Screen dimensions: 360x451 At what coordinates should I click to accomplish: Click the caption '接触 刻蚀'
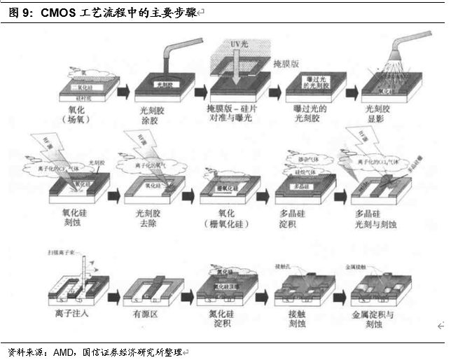coord(303,320)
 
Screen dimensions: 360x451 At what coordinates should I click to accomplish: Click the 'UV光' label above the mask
coord(240,43)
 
